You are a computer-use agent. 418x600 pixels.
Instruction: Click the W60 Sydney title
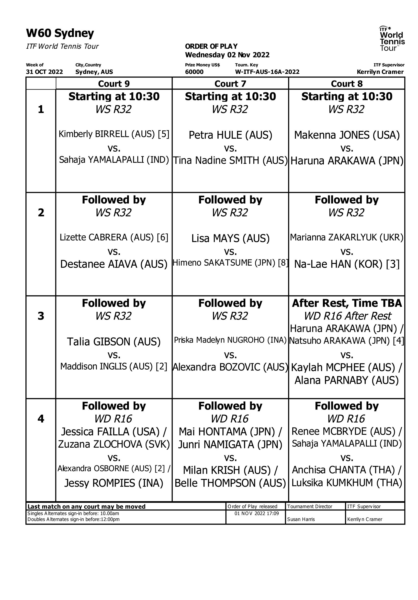[60, 34]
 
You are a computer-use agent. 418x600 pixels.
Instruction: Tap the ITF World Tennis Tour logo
[392, 39]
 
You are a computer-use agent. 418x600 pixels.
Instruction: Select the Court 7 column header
[230, 84]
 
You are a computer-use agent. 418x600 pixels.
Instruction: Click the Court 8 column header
[346, 84]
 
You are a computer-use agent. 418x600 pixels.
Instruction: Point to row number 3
[41, 316]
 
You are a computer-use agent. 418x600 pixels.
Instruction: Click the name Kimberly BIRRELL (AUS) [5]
[114, 134]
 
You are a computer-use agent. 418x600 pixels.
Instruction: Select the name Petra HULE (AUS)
[230, 135]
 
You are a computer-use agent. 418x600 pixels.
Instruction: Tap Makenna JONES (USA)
[347, 135]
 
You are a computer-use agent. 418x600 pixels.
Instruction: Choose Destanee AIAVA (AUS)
[114, 264]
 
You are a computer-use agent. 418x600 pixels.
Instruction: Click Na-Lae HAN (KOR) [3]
[347, 264]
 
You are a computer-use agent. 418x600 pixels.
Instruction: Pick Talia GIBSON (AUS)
[114, 341]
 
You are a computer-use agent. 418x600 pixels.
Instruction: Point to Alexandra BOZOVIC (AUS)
[230, 367]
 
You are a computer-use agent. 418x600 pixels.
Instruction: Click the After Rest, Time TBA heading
[347, 303]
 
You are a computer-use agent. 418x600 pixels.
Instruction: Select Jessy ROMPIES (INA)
[114, 483]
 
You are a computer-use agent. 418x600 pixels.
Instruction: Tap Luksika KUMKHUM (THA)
[347, 483]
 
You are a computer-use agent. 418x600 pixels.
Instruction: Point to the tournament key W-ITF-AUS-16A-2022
[267, 72]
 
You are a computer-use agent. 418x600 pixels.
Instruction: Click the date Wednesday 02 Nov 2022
[227, 55]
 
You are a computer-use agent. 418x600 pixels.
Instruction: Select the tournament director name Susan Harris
[301, 519]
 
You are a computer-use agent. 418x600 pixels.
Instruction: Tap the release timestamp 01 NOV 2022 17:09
[256, 513]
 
